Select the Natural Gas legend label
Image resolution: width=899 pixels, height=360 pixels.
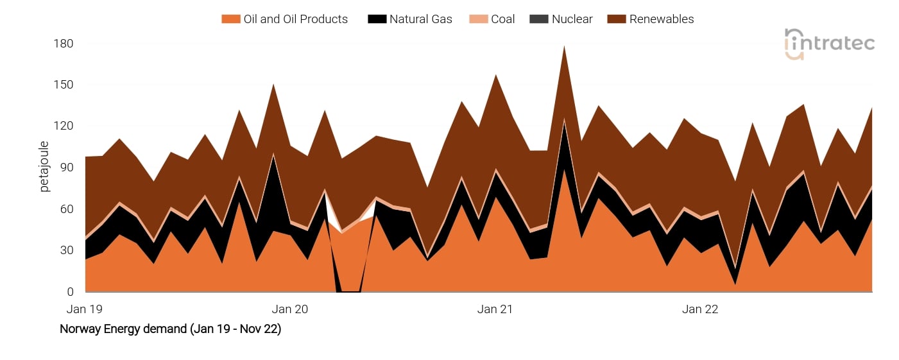pos(420,19)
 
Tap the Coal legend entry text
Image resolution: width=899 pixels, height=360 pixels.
pos(502,19)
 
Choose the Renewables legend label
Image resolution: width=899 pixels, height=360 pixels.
pos(661,19)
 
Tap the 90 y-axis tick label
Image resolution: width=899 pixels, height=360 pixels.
pos(67,167)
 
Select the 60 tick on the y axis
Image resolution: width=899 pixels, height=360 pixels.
pos(67,209)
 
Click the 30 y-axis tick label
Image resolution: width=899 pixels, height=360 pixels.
pos(67,250)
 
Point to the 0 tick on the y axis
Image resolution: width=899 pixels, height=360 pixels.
pos(71,292)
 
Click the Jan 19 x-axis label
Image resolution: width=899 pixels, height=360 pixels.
pos(85,309)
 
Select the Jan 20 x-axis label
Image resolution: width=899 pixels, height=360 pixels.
pos(290,309)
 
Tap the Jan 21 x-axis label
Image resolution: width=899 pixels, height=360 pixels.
pos(495,309)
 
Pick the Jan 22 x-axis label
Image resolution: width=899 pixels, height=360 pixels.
pos(700,309)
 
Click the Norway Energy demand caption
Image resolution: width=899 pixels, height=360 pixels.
pos(170,329)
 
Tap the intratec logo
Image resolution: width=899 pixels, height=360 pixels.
pos(829,44)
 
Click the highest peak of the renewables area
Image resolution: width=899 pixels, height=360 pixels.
pos(563,47)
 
